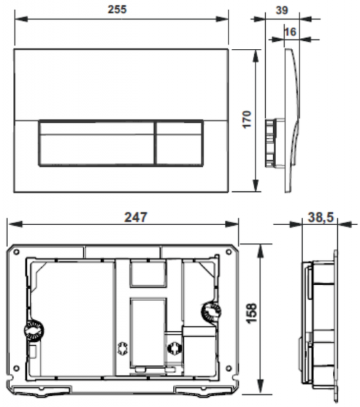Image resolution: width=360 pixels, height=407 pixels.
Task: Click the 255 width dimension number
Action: tap(117, 9)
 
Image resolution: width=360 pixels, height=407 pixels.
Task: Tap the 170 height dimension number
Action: tap(247, 119)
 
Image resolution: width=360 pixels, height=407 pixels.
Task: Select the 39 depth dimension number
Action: tap(282, 10)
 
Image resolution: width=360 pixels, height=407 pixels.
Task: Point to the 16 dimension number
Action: tap(290, 32)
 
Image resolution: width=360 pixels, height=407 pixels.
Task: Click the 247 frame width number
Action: tap(136, 217)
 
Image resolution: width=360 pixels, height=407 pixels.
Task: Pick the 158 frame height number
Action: tap(252, 313)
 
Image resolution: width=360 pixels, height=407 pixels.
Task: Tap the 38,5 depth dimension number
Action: tap(321, 217)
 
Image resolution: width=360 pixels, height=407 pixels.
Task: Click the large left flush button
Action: tap(97, 142)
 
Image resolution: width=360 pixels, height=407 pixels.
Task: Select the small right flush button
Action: tap(180, 142)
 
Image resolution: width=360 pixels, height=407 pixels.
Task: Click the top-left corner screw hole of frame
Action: tap(16, 252)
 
